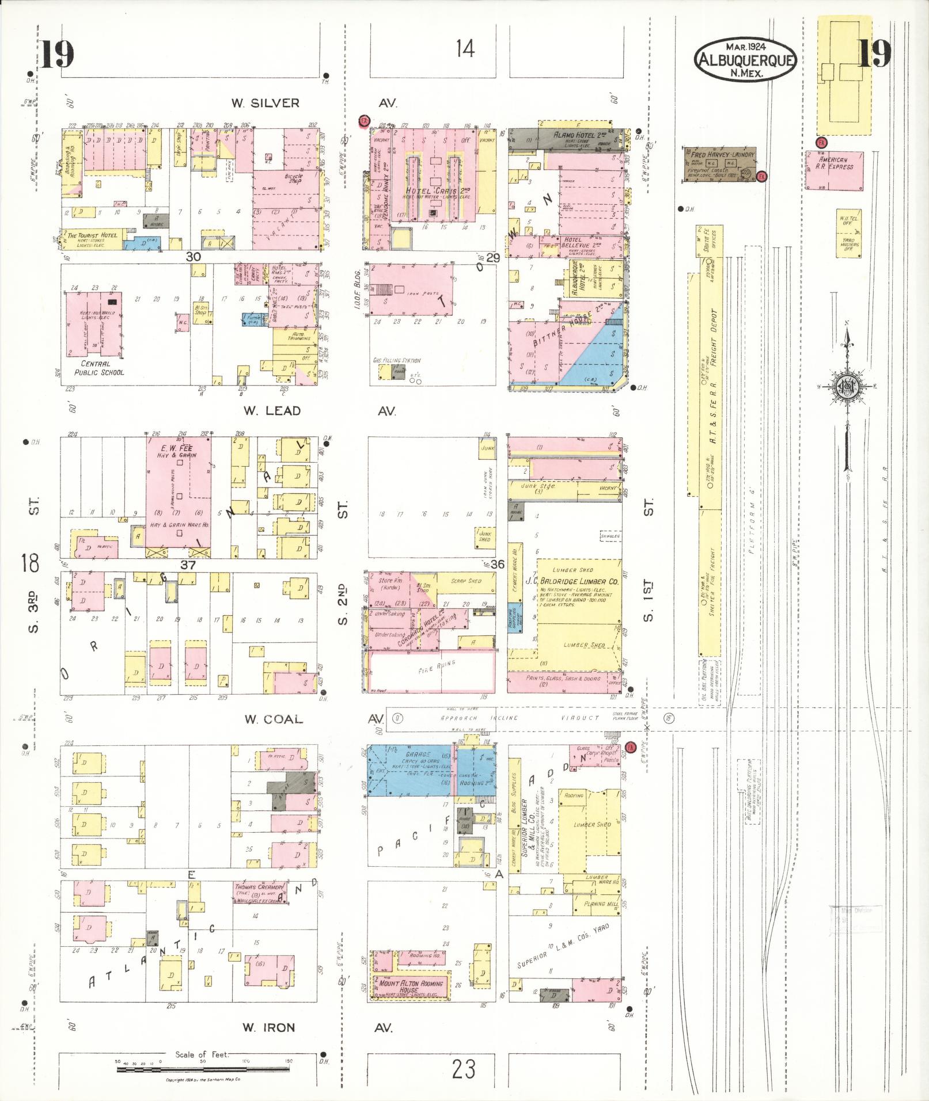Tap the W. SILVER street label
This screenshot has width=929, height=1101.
coord(266,103)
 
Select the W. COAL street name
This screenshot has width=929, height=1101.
coord(273,719)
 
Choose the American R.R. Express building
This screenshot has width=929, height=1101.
coord(833,170)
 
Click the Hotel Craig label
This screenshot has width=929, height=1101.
coord(430,191)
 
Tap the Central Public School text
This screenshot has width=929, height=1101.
coord(102,368)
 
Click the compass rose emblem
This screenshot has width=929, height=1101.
coord(846,385)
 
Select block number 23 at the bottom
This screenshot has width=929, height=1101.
coord(463,1069)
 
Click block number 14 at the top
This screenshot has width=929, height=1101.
coord(465,49)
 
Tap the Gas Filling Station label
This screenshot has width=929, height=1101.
coord(396,360)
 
